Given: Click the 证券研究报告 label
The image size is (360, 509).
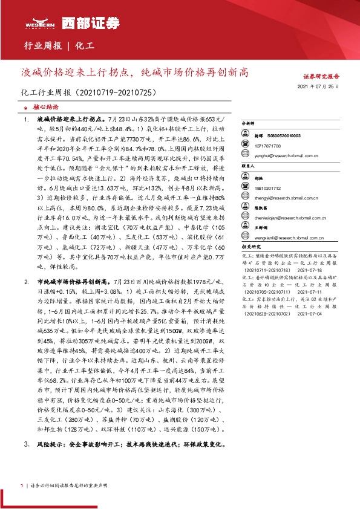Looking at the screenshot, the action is [321, 77].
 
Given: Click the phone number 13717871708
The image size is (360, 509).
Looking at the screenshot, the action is [267, 146].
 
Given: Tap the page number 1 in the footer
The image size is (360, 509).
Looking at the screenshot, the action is [22, 485].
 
